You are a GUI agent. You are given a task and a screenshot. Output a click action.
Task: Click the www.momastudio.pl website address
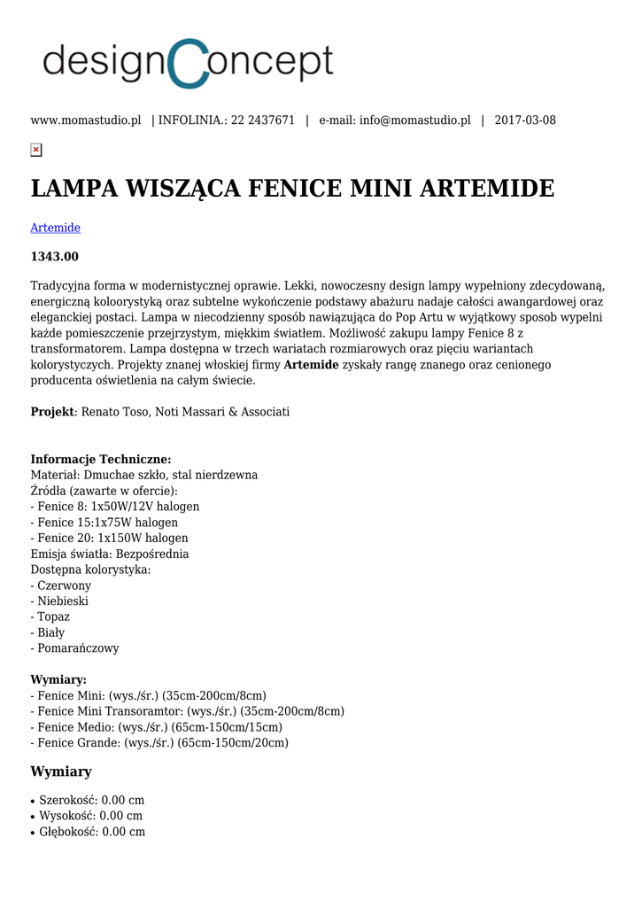click(x=86, y=120)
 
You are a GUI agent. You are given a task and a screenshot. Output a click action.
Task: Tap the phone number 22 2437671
click(x=263, y=120)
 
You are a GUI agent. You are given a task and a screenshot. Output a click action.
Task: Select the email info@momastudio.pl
click(x=414, y=120)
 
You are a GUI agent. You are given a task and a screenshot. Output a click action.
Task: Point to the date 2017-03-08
click(x=525, y=120)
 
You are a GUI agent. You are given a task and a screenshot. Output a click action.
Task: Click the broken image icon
click(x=36, y=150)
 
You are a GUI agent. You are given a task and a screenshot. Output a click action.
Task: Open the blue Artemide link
click(x=55, y=228)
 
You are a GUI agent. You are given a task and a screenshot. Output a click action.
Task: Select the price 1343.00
click(x=55, y=257)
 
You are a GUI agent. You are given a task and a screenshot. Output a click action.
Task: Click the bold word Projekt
click(x=52, y=412)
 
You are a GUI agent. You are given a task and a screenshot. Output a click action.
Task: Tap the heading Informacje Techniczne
click(x=101, y=459)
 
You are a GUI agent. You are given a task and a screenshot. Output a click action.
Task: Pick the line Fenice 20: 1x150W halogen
click(x=109, y=538)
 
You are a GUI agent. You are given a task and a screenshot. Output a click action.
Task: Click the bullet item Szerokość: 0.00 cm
click(x=91, y=800)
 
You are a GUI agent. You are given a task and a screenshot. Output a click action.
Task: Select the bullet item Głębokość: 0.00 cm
click(x=92, y=832)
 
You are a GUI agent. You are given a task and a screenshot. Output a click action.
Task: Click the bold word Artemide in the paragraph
click(x=311, y=365)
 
